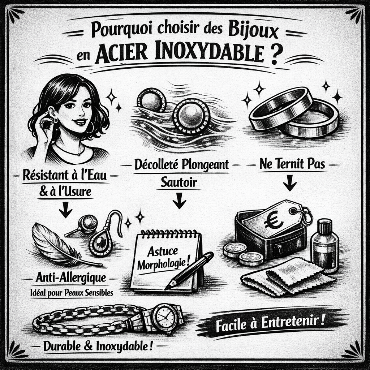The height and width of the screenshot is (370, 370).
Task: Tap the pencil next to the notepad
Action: (x=189, y=270)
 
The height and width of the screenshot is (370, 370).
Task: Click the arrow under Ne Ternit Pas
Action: (x=289, y=182)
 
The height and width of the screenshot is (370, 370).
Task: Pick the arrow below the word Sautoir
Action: (x=179, y=201)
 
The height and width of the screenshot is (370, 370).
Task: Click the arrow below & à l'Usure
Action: (x=66, y=209)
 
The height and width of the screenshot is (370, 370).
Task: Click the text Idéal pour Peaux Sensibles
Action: (x=72, y=293)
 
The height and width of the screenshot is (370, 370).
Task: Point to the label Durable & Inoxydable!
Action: (x=98, y=347)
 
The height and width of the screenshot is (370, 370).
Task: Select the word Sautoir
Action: (x=178, y=182)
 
